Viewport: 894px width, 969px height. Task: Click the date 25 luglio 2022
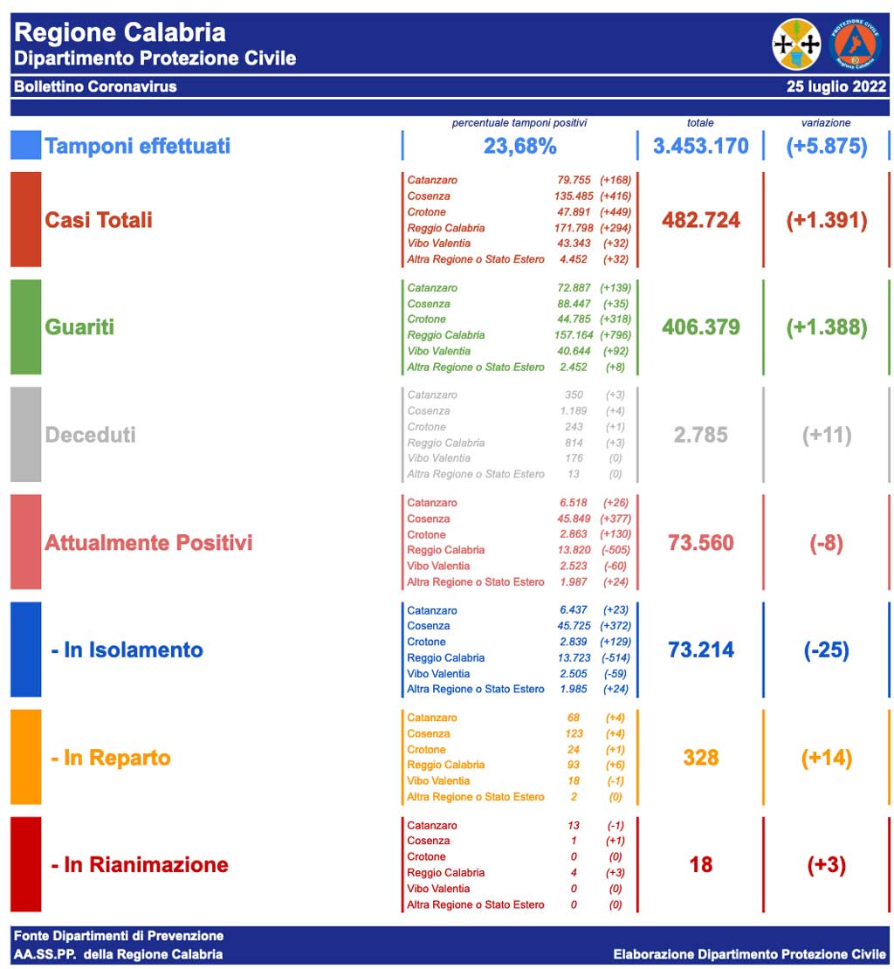tap(836, 86)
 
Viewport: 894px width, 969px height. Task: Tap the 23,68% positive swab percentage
tap(519, 146)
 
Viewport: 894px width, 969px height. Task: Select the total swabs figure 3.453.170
tap(700, 146)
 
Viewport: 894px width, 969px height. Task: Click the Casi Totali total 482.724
tap(700, 220)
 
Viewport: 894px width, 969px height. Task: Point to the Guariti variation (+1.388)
tap(826, 327)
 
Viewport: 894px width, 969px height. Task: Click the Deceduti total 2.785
tap(700, 435)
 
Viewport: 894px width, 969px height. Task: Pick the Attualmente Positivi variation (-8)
tap(826, 543)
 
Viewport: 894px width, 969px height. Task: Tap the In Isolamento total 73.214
tap(700, 650)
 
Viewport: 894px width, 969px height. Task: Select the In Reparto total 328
tap(700, 758)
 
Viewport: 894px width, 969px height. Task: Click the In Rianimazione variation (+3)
tap(826, 865)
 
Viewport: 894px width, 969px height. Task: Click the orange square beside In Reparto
tap(25, 757)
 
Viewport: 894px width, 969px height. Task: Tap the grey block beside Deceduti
tap(25, 434)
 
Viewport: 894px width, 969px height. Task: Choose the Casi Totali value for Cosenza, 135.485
tap(572, 196)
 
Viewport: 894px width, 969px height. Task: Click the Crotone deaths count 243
tap(573, 427)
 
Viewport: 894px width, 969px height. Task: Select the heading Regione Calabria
tap(120, 33)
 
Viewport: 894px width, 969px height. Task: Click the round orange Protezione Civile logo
tap(855, 44)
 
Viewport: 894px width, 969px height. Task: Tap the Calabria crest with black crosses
tap(796, 44)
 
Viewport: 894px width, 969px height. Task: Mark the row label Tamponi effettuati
tap(137, 146)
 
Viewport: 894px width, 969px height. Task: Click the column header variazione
tap(825, 123)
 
